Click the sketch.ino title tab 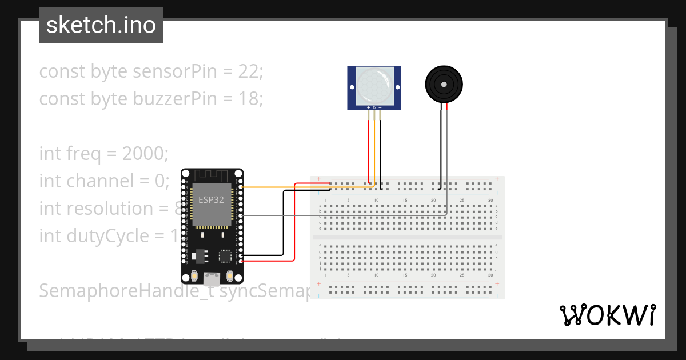coord(101,25)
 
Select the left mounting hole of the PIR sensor coord(352,87)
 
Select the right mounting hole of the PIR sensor coord(397,87)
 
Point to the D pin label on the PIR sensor coord(374,107)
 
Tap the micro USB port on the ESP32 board coord(212,279)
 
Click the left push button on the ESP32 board coord(195,276)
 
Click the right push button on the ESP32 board coord(230,276)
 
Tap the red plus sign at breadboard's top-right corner coord(497,179)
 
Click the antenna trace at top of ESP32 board coord(212,174)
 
